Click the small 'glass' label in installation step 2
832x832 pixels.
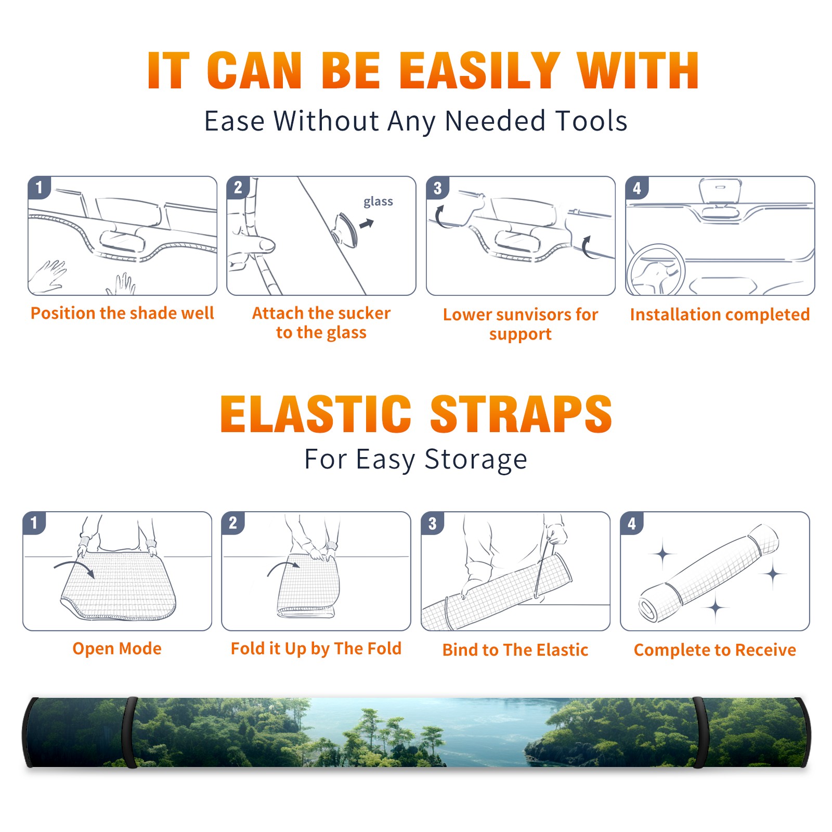point(378,202)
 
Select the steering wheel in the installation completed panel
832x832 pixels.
point(656,271)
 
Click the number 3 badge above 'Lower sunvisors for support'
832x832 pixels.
point(437,188)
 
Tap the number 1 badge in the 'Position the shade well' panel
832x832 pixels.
point(39,187)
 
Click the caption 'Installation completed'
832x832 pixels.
point(720,315)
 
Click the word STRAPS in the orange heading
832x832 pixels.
point(521,414)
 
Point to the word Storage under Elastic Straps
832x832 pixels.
point(476,460)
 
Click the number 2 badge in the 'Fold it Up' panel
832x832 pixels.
point(232,523)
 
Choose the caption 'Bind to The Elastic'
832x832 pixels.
point(515,650)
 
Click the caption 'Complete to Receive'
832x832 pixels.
point(715,650)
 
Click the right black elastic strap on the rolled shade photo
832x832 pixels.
point(701,733)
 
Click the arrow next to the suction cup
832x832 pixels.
point(367,224)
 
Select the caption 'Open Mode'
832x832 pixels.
point(117,649)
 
